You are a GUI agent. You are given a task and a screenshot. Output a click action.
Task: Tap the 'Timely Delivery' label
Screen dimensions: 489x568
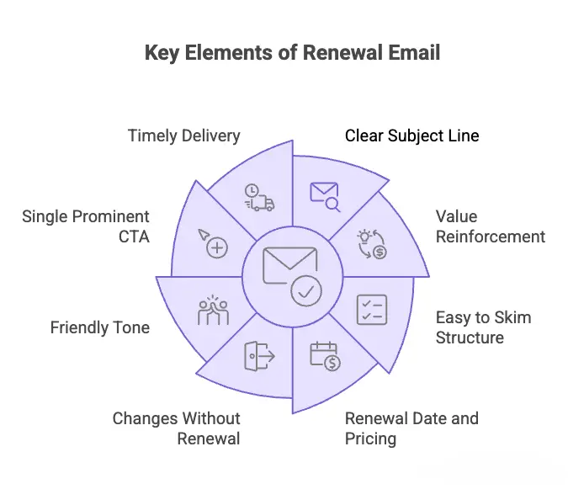(183, 136)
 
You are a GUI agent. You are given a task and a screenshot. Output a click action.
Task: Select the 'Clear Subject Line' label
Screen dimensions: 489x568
(411, 136)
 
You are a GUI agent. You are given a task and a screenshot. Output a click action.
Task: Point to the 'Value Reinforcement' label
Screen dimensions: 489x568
(490, 226)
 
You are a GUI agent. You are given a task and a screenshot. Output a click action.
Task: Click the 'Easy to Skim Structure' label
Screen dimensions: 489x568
(483, 327)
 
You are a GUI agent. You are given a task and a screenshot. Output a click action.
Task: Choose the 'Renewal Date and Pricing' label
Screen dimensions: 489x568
(411, 428)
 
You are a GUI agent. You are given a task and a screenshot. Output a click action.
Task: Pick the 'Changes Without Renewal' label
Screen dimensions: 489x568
(177, 428)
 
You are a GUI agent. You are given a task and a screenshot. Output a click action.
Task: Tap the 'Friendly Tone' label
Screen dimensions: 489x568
(99, 327)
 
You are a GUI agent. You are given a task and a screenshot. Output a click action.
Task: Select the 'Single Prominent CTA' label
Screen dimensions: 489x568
(86, 226)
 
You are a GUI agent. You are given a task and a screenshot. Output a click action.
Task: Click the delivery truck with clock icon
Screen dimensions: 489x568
(259, 197)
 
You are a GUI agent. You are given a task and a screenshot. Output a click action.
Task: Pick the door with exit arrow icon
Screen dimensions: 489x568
(259, 356)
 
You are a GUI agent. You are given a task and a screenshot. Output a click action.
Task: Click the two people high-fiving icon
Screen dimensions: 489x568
(212, 310)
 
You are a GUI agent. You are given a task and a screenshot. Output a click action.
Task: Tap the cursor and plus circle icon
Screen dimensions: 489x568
(213, 242)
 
